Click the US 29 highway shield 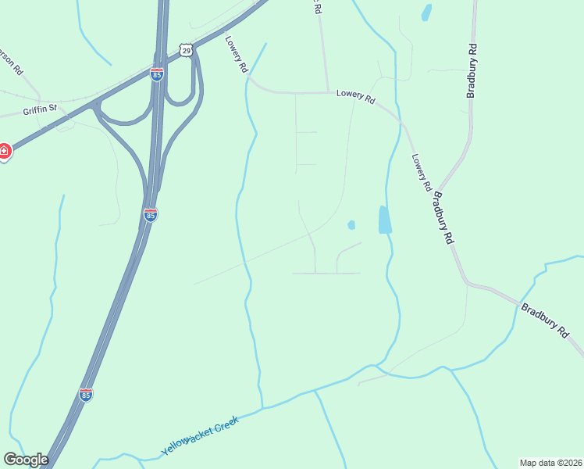(x=185, y=50)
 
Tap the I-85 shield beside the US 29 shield (x=157, y=74)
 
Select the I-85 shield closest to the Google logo (x=86, y=396)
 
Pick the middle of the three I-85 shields (x=151, y=214)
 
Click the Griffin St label (x=40, y=110)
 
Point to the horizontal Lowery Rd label (x=356, y=95)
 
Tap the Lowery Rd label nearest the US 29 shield (x=236, y=55)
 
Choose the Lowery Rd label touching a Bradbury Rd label (x=421, y=173)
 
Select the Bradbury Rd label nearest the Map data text (x=547, y=320)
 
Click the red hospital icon (x=3, y=151)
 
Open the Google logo (x=26, y=460)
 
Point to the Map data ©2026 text (x=550, y=462)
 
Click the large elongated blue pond (x=384, y=220)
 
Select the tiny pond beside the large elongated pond (x=351, y=225)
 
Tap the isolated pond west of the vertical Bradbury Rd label (x=426, y=13)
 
